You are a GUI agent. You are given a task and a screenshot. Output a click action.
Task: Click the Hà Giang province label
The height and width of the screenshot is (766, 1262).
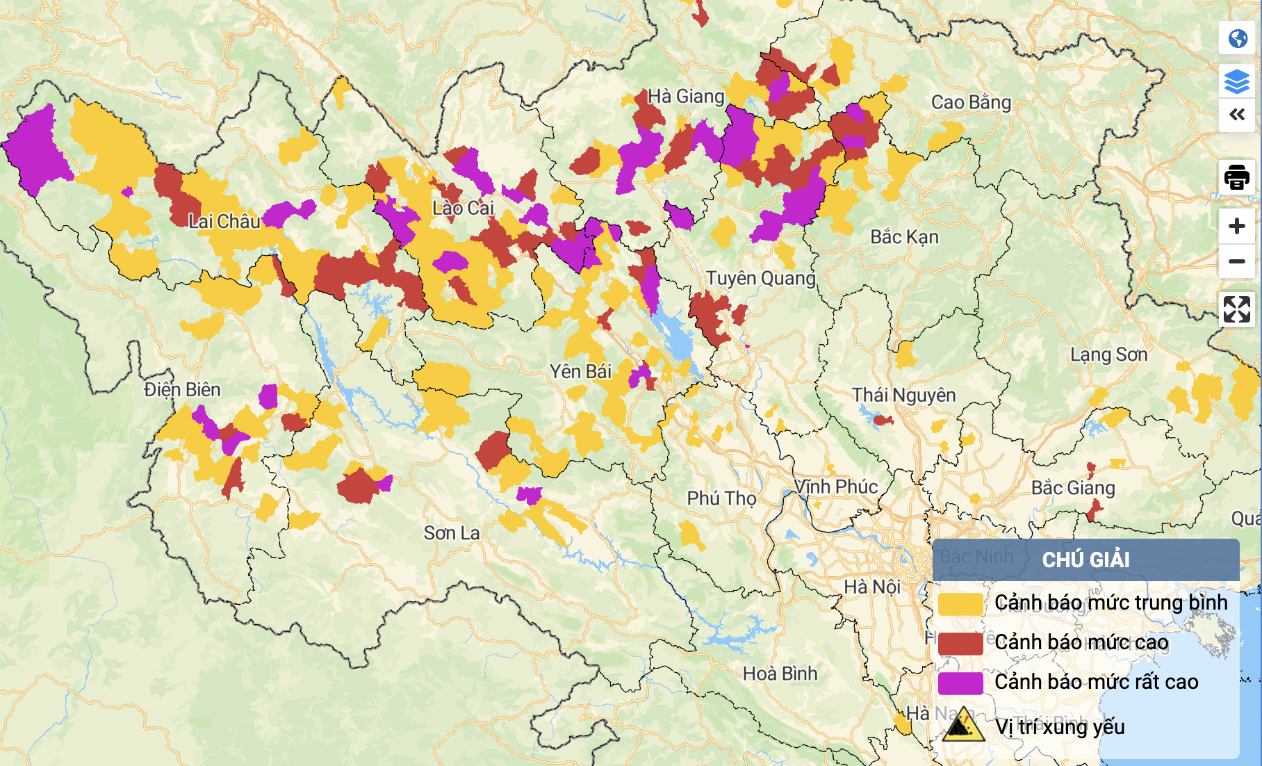[x=685, y=97]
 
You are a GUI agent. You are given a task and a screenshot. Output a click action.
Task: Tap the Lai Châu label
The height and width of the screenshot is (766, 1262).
[x=224, y=222]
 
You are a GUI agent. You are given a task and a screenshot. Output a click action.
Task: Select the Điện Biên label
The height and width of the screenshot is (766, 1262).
[x=182, y=390]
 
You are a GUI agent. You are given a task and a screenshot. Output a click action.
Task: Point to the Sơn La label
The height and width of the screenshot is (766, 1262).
[x=452, y=533]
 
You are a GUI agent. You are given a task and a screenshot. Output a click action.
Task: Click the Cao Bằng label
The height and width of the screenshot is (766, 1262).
[x=971, y=103]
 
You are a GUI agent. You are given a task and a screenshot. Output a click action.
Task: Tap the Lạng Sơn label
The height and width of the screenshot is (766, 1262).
[x=1108, y=355]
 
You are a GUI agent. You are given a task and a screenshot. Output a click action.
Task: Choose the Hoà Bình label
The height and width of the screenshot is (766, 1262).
[x=780, y=674]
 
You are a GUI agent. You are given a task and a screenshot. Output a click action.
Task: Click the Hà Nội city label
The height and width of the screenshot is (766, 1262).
[x=872, y=587]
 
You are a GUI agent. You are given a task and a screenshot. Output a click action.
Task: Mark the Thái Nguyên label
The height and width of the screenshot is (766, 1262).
[x=903, y=396]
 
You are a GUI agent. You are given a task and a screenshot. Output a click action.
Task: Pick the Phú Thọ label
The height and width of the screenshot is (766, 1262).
[x=721, y=498]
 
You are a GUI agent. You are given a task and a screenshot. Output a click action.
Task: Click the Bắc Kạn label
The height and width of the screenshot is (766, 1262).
[x=904, y=237]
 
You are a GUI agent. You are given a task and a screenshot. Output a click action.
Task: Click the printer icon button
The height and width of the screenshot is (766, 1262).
[x=1236, y=177]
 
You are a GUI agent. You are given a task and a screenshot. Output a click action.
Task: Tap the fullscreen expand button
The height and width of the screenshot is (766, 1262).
[x=1236, y=309]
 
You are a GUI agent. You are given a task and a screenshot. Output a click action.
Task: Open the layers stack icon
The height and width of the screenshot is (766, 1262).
[x=1236, y=81]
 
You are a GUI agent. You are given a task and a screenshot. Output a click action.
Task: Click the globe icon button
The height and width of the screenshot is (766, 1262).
[x=1236, y=38]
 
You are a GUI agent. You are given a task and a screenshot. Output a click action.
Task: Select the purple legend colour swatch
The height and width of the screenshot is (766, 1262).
[x=960, y=683]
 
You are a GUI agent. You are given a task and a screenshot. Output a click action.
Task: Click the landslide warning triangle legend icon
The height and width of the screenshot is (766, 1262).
[x=963, y=726]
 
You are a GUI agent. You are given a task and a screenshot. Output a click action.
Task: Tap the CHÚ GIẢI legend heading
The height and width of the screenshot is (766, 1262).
[x=1085, y=560]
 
